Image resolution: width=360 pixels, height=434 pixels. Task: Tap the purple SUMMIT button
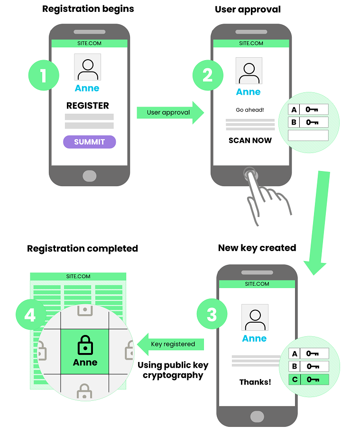89,142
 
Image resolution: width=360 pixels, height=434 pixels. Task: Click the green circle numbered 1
44,75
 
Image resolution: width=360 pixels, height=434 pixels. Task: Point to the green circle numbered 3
212,315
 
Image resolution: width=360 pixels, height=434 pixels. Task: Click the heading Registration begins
88,9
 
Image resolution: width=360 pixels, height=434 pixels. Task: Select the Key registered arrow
171,344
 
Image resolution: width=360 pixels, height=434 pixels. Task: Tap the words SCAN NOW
250,140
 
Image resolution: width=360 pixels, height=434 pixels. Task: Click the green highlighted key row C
309,379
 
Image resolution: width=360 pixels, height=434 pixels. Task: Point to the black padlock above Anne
85,344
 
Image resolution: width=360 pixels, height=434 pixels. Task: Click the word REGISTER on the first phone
88,106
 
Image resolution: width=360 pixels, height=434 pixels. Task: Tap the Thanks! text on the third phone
255,382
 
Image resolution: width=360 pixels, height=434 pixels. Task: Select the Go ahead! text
250,110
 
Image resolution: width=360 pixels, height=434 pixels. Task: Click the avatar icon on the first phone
88,67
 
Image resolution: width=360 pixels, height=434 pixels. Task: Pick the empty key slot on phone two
308,135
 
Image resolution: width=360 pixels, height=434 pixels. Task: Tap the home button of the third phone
257,416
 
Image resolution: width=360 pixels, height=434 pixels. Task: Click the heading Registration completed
83,249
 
